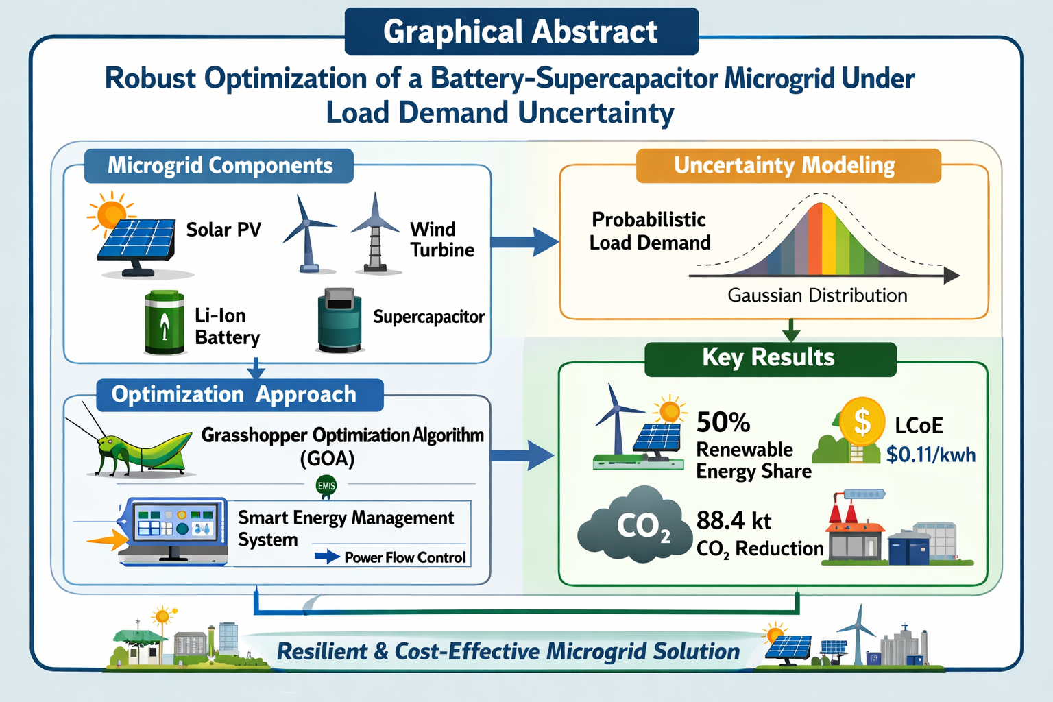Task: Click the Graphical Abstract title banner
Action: [521, 32]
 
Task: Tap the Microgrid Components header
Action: [219, 165]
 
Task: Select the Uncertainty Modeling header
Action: [788, 165]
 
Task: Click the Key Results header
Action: [771, 359]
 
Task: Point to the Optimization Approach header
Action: [240, 395]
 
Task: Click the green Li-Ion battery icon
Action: [164, 322]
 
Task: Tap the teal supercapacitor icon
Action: [339, 320]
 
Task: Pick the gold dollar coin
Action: [862, 422]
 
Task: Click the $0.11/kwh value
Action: [931, 455]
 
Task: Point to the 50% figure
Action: [723, 422]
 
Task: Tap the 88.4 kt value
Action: [734, 520]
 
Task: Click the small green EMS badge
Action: [326, 486]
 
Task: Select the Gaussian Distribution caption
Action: [817, 295]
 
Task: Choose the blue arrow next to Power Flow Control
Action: [327, 557]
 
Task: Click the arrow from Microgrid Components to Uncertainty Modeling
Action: [525, 242]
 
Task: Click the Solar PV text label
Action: [223, 230]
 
